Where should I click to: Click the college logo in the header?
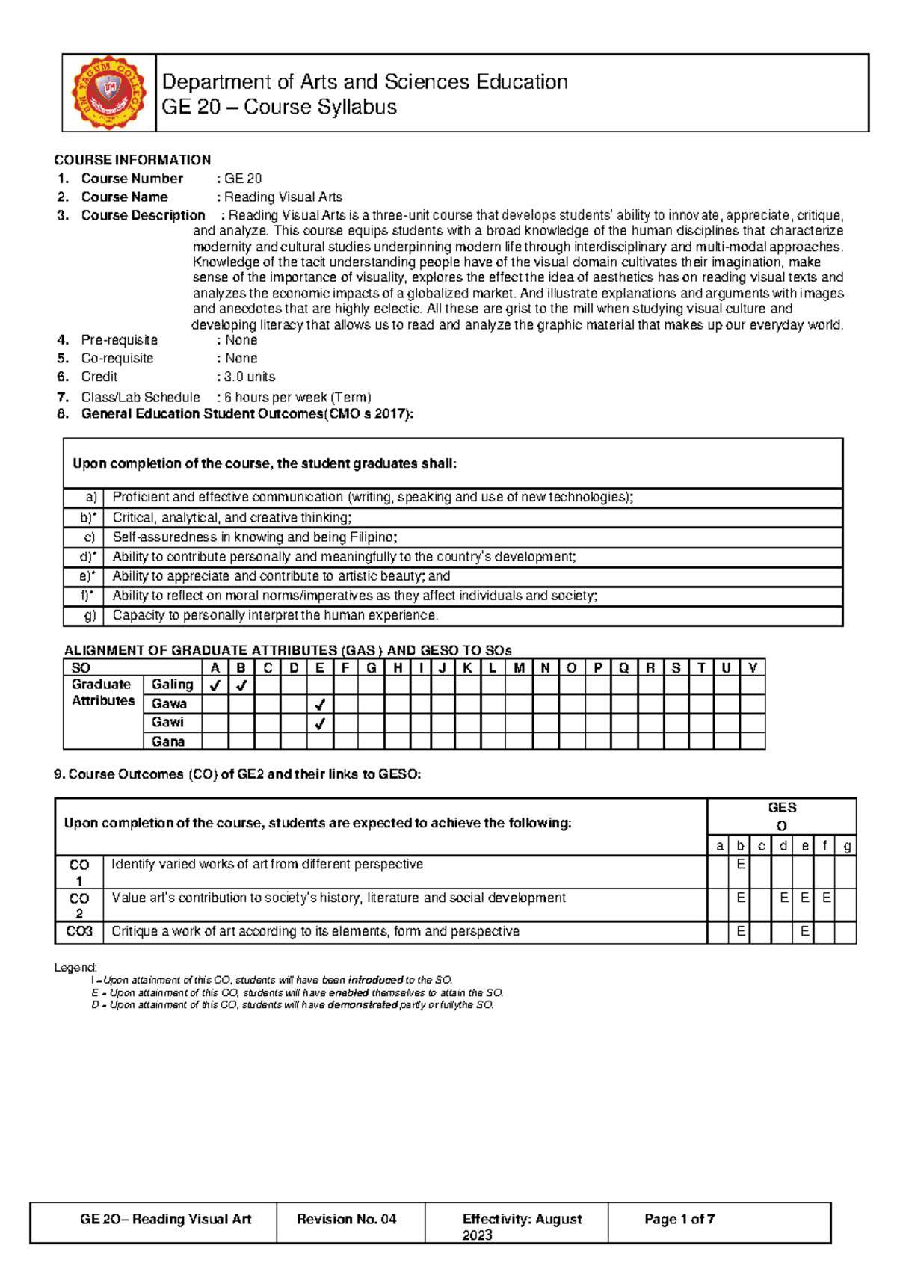coord(109,93)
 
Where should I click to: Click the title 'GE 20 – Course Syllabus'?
coord(279,108)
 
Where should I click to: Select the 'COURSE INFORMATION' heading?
coord(132,160)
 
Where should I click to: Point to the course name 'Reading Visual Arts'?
coord(283,197)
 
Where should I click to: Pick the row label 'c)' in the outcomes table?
coord(90,537)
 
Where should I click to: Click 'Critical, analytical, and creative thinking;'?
coord(232,518)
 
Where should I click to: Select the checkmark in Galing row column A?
coord(215,685)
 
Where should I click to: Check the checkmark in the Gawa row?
coord(320,704)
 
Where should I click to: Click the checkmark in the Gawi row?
coord(320,723)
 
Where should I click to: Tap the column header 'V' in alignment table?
coord(752,668)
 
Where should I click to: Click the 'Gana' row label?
coord(168,742)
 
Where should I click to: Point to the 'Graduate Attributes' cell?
coord(103,693)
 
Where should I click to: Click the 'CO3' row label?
coord(79,932)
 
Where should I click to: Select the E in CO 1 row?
coord(741,865)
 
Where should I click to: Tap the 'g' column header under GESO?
coord(846,846)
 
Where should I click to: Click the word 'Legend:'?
coord(75,968)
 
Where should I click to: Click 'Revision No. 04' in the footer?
coord(347,1220)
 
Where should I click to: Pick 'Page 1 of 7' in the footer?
coord(679,1220)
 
